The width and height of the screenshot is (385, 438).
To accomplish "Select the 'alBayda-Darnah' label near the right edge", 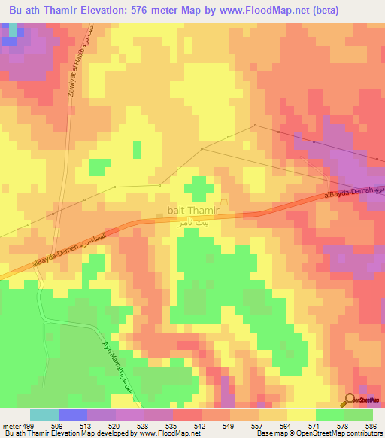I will (350, 192).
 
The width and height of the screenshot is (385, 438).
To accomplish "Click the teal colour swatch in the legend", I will (44, 415).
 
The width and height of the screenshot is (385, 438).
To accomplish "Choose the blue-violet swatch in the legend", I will (73, 415).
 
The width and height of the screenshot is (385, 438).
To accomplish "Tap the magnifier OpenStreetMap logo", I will (351, 400).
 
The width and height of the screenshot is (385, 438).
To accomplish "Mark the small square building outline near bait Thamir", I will (223, 211).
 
